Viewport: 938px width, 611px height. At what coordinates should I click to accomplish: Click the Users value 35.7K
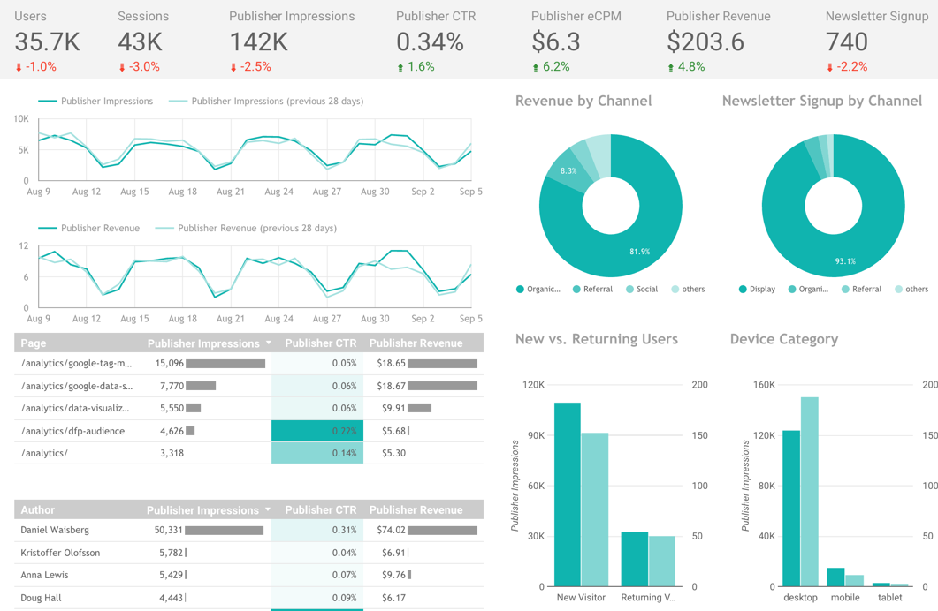(47, 41)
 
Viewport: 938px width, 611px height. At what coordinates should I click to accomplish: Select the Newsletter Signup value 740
(846, 41)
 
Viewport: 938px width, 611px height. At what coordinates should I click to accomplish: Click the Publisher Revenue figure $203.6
(705, 41)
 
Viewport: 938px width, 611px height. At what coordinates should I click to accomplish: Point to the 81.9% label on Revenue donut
(639, 252)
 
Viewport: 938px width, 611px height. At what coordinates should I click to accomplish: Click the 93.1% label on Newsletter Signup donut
(845, 261)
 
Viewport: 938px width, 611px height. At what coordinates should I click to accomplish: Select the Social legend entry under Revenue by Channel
(647, 289)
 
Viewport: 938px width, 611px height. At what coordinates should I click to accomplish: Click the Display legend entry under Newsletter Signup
(762, 289)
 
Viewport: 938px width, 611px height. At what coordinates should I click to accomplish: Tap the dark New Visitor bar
(567, 494)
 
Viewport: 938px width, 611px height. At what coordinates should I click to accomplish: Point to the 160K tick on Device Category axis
(764, 385)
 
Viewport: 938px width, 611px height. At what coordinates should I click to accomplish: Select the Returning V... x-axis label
(647, 598)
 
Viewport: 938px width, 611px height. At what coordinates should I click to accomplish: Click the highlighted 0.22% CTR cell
(316, 431)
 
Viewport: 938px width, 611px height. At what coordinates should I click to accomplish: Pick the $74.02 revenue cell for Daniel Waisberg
(392, 531)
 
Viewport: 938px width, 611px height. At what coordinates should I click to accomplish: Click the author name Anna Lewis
(44, 575)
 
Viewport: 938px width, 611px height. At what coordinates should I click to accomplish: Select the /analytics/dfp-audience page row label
(72, 431)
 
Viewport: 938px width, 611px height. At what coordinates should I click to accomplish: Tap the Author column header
(38, 509)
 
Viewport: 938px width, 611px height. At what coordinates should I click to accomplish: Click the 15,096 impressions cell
(169, 363)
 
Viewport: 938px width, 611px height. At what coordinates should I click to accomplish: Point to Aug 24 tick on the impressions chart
(278, 192)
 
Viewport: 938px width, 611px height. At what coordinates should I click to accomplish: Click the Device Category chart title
(783, 339)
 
